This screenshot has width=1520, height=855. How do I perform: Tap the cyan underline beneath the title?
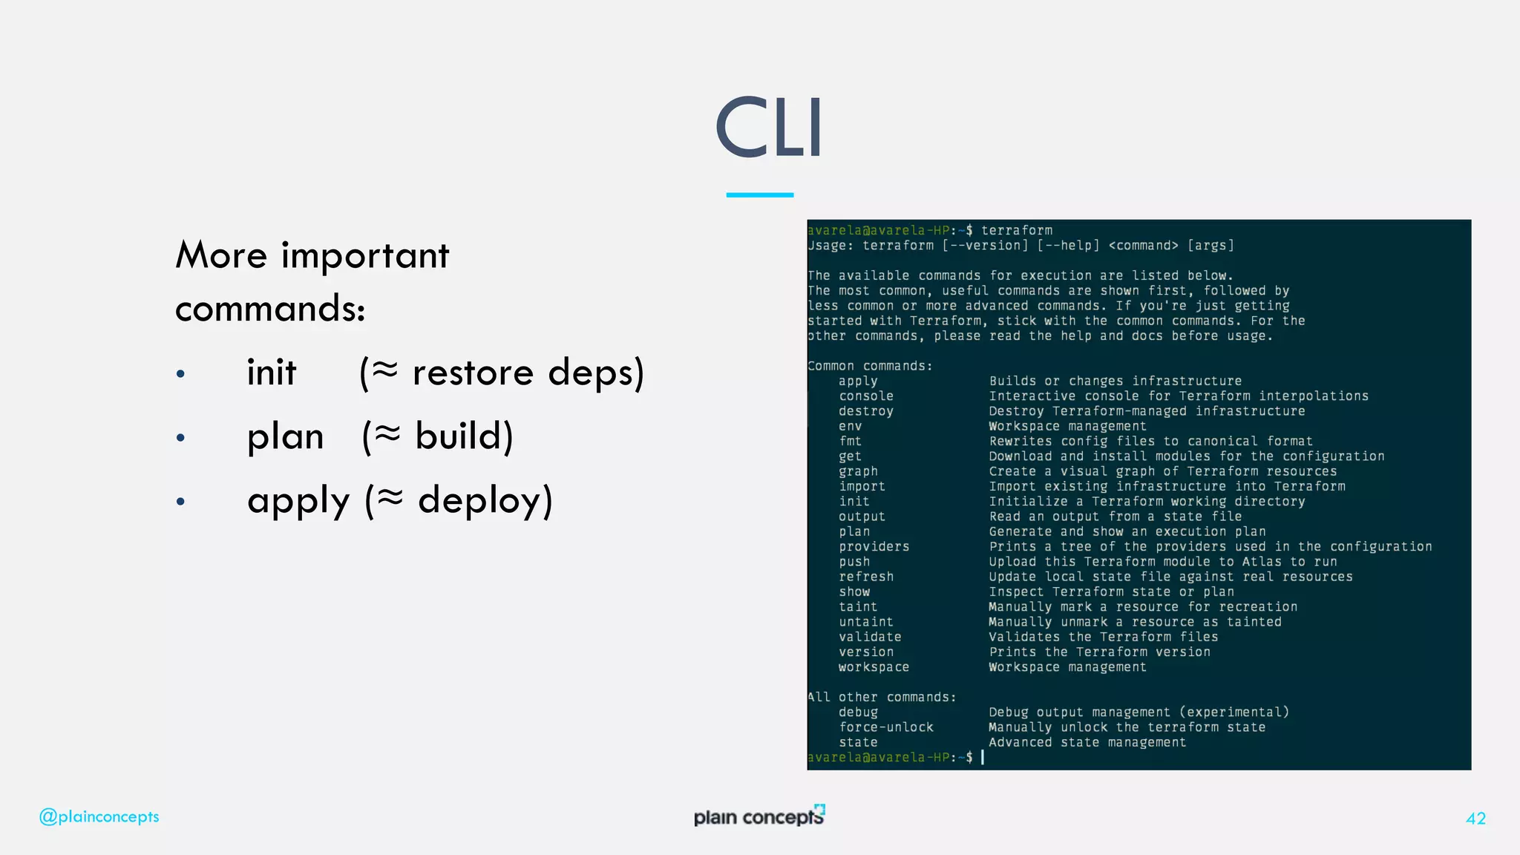[x=759, y=194]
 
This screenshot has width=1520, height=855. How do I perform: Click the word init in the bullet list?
[x=272, y=372]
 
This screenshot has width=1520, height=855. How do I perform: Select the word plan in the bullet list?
[x=285, y=436]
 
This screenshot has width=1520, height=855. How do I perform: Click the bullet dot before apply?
[x=180, y=502]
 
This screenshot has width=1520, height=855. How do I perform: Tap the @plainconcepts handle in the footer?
[x=99, y=816]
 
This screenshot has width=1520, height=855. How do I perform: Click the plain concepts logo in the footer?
[x=759, y=816]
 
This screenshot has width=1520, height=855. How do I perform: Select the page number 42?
[x=1475, y=818]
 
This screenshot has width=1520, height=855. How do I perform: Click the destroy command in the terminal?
[x=865, y=411]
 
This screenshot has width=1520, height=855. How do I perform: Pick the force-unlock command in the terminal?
[x=885, y=727]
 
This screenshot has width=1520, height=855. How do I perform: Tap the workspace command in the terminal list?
[x=874, y=667]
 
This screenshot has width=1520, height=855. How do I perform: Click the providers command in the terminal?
[x=874, y=547]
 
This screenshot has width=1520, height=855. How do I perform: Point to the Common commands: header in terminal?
[x=869, y=366]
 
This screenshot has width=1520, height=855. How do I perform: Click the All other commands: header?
[x=881, y=697]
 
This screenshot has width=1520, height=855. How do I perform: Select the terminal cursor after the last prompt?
[x=983, y=757]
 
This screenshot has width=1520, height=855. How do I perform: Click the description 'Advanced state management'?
[x=1087, y=742]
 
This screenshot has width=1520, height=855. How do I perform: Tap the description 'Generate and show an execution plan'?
[x=1127, y=531]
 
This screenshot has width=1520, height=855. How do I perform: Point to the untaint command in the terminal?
[x=865, y=622]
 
